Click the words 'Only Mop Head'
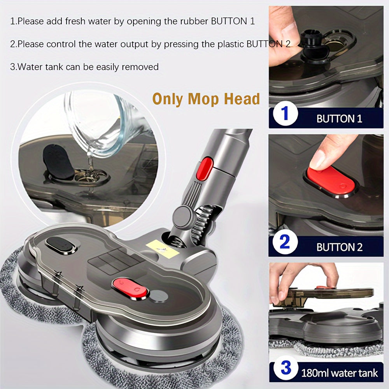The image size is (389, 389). (x=206, y=99)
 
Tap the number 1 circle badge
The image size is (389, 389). (x=285, y=113)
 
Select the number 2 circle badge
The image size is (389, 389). (x=285, y=242)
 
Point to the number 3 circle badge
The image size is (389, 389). (x=286, y=368)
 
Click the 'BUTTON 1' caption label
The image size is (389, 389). (x=339, y=119)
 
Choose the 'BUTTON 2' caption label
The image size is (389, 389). (x=339, y=247)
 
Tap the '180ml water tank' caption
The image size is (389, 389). (x=339, y=373)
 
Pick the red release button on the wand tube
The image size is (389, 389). (x=205, y=168)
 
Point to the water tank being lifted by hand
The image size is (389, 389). (x=322, y=297)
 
